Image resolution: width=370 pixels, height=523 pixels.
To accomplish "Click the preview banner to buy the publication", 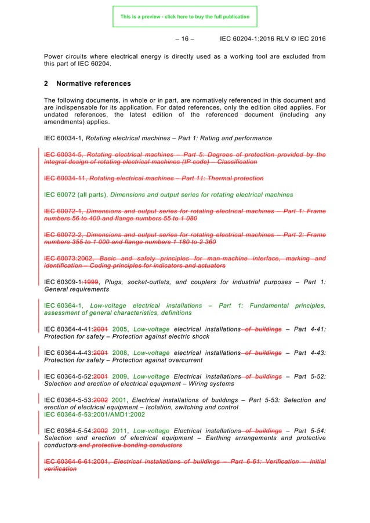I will point(184,17).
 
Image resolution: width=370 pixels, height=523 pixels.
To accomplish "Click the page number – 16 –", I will point(184,39).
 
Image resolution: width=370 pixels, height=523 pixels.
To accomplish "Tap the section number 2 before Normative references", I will point(47,83).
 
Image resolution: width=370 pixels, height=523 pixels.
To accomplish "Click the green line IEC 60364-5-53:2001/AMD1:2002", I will point(96,415).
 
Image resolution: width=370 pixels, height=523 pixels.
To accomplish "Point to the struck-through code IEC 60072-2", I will point(65,234).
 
